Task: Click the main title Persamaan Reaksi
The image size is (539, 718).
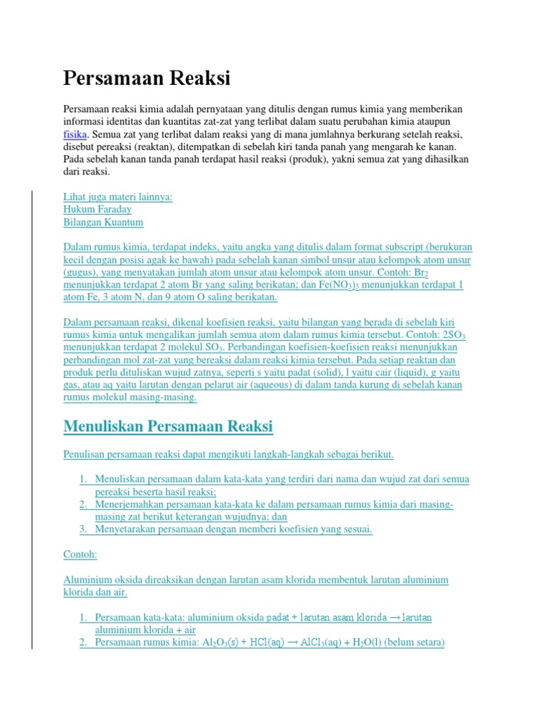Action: click(147, 78)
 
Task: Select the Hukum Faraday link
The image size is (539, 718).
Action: click(98, 209)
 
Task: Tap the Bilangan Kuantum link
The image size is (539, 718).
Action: click(103, 222)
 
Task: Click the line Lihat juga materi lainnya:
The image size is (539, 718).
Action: click(118, 197)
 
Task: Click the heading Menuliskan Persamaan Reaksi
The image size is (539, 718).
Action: click(168, 426)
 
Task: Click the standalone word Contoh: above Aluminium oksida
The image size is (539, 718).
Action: click(80, 555)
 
